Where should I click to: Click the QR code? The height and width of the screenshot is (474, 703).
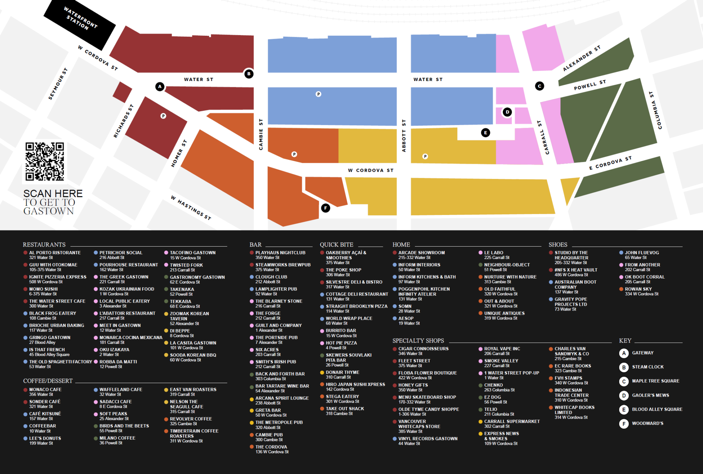pyautogui.click(x=45, y=161)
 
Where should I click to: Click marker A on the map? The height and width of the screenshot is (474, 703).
pyautogui.click(x=160, y=87)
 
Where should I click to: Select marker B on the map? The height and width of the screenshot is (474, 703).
pyautogui.click(x=249, y=74)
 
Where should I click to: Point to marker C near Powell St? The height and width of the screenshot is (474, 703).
pyautogui.click(x=540, y=86)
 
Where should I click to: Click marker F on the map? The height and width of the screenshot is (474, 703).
pyautogui.click(x=325, y=208)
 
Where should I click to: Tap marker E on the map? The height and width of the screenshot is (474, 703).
pyautogui.click(x=485, y=133)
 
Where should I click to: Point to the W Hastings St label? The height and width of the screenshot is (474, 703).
pyautogui.click(x=191, y=208)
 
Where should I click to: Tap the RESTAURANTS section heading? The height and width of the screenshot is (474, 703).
pyautogui.click(x=44, y=245)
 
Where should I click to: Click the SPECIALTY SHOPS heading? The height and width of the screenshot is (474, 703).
pyautogui.click(x=418, y=341)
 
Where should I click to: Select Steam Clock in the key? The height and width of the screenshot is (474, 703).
pyautogui.click(x=647, y=367)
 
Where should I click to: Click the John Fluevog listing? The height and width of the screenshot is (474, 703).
pyautogui.click(x=642, y=255)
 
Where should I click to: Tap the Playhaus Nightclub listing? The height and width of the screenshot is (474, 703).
pyautogui.click(x=280, y=255)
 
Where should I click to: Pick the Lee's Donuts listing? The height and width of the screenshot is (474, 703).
pyautogui.click(x=45, y=440)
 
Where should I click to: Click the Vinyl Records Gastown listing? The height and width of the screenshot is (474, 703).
pyautogui.click(x=427, y=441)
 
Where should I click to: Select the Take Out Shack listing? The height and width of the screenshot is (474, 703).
pyautogui.click(x=344, y=411)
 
